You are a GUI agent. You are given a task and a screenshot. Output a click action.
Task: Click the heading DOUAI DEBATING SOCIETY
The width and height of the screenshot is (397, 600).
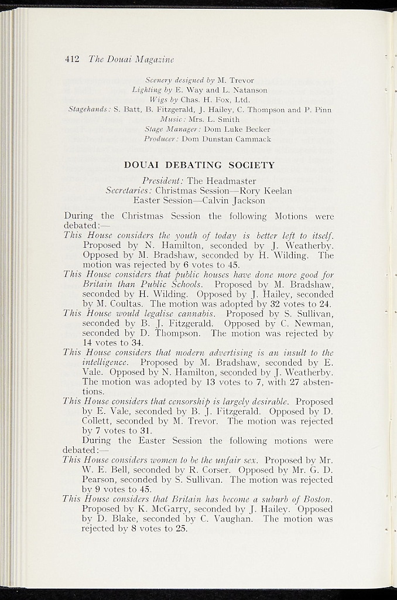click(200, 165)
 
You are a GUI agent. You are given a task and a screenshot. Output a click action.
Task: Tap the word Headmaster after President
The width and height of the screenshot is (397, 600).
click(230, 181)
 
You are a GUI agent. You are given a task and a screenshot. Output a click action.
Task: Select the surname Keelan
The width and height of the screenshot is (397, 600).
click(274, 191)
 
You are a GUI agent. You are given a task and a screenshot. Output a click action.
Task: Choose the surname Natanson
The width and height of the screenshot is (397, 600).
click(248, 90)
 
